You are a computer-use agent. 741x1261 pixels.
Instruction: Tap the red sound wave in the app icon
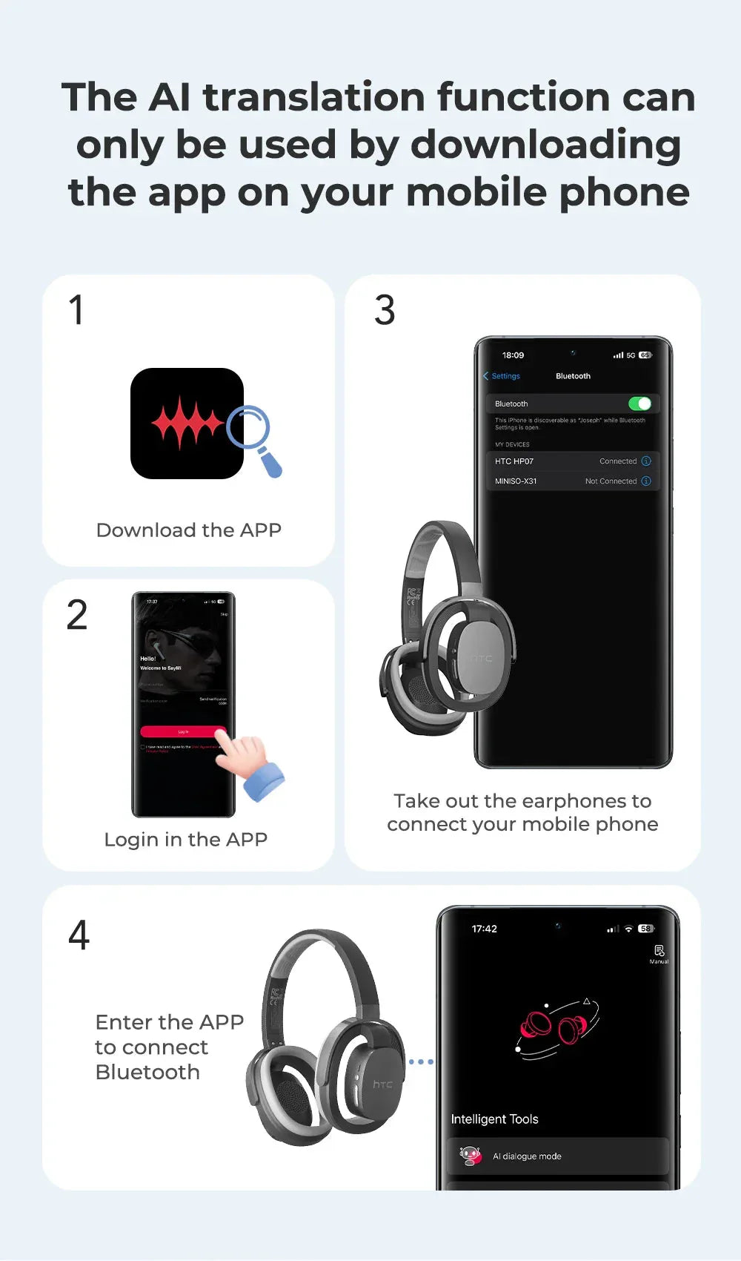tap(187, 424)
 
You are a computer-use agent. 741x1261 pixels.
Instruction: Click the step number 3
tap(385, 310)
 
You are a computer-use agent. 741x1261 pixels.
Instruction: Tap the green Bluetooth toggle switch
tap(639, 404)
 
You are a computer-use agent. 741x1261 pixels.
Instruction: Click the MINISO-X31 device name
tap(516, 481)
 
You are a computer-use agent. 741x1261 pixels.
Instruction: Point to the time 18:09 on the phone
tap(513, 355)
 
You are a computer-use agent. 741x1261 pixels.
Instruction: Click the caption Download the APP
tap(189, 530)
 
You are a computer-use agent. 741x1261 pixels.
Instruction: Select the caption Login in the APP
tap(185, 840)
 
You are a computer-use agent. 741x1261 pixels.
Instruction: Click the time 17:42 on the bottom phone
tap(485, 929)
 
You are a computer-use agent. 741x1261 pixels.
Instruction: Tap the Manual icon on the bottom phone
tap(659, 953)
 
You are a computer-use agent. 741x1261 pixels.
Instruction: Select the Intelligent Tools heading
tap(494, 1119)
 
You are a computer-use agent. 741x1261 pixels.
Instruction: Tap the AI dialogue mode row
tap(557, 1156)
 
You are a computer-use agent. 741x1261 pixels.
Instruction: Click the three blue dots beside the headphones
tap(421, 1061)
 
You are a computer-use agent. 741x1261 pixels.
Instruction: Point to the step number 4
tap(79, 935)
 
